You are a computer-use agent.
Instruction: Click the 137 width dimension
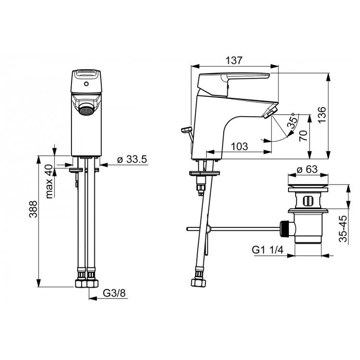(x=234, y=60)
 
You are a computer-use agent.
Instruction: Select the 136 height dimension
(x=322, y=115)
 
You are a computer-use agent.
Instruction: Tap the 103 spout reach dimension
(x=239, y=146)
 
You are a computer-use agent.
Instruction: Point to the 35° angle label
(x=292, y=121)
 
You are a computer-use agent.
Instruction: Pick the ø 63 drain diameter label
(x=307, y=169)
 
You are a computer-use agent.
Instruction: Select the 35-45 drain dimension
(x=343, y=228)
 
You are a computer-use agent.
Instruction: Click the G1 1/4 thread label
(x=268, y=250)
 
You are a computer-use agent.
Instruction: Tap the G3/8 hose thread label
(x=114, y=293)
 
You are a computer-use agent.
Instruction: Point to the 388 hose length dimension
(x=33, y=209)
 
